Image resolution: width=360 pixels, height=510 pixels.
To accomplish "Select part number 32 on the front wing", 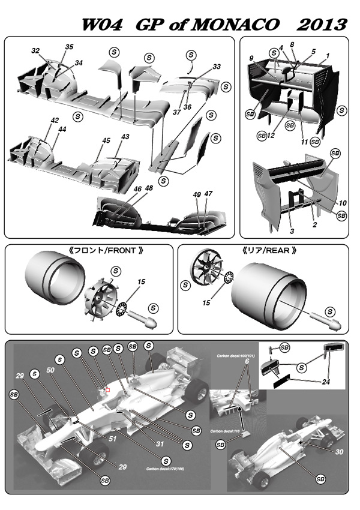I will click(x=35, y=50).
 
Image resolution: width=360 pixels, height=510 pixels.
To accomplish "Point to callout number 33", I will click(x=217, y=67).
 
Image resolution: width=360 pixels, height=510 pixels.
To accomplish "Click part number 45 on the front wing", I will click(x=106, y=140).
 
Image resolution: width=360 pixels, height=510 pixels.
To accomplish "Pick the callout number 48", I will click(x=149, y=188).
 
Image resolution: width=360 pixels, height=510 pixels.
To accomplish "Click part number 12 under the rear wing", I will click(x=271, y=136).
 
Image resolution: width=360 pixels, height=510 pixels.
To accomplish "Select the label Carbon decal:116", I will click(x=229, y=431).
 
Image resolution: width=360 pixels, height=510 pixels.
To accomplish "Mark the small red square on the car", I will click(x=107, y=390).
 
